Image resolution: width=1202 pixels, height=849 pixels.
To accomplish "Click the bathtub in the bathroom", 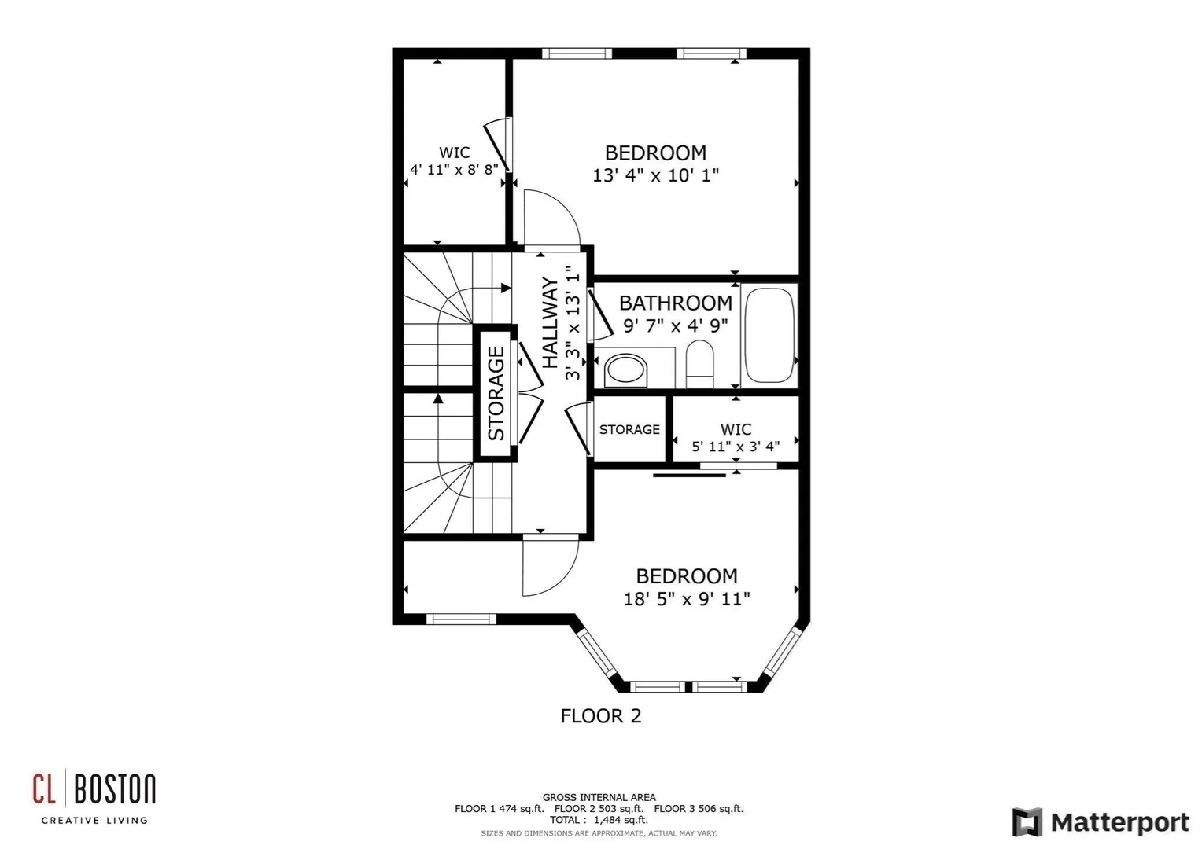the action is tap(769, 335).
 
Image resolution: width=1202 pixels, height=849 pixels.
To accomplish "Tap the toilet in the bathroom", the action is tap(700, 364).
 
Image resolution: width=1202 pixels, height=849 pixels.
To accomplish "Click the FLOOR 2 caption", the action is tap(601, 716).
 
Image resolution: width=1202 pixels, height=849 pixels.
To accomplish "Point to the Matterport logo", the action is tap(1101, 821).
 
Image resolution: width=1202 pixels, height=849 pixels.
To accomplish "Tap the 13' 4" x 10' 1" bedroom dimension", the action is tap(655, 175).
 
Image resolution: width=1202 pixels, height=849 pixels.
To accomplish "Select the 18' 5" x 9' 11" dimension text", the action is tap(686, 598).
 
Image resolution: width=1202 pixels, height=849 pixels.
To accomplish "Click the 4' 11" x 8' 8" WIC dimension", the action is tap(454, 170).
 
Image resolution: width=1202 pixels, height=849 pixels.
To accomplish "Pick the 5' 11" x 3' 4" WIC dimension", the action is tap(736, 447).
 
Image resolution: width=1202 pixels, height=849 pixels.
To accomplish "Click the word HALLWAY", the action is tap(550, 322).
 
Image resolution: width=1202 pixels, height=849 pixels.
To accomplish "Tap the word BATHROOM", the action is tap(676, 303).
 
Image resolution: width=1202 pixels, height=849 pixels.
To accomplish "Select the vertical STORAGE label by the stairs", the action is tap(496, 394).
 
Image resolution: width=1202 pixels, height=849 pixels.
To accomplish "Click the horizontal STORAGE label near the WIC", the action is tap(629, 429).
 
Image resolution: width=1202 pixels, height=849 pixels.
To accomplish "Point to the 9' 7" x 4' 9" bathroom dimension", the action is tap(676, 325).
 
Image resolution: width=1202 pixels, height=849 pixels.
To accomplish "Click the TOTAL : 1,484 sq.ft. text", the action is tap(599, 820).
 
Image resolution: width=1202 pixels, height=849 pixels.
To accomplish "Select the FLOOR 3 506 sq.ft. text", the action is tap(699, 809).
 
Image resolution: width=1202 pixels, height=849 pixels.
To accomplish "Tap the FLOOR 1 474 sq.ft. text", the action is tap(499, 809).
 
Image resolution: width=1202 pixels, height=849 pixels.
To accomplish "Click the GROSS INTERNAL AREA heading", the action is tap(599, 798).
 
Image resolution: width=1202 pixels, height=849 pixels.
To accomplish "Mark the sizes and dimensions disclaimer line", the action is tap(599, 833).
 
